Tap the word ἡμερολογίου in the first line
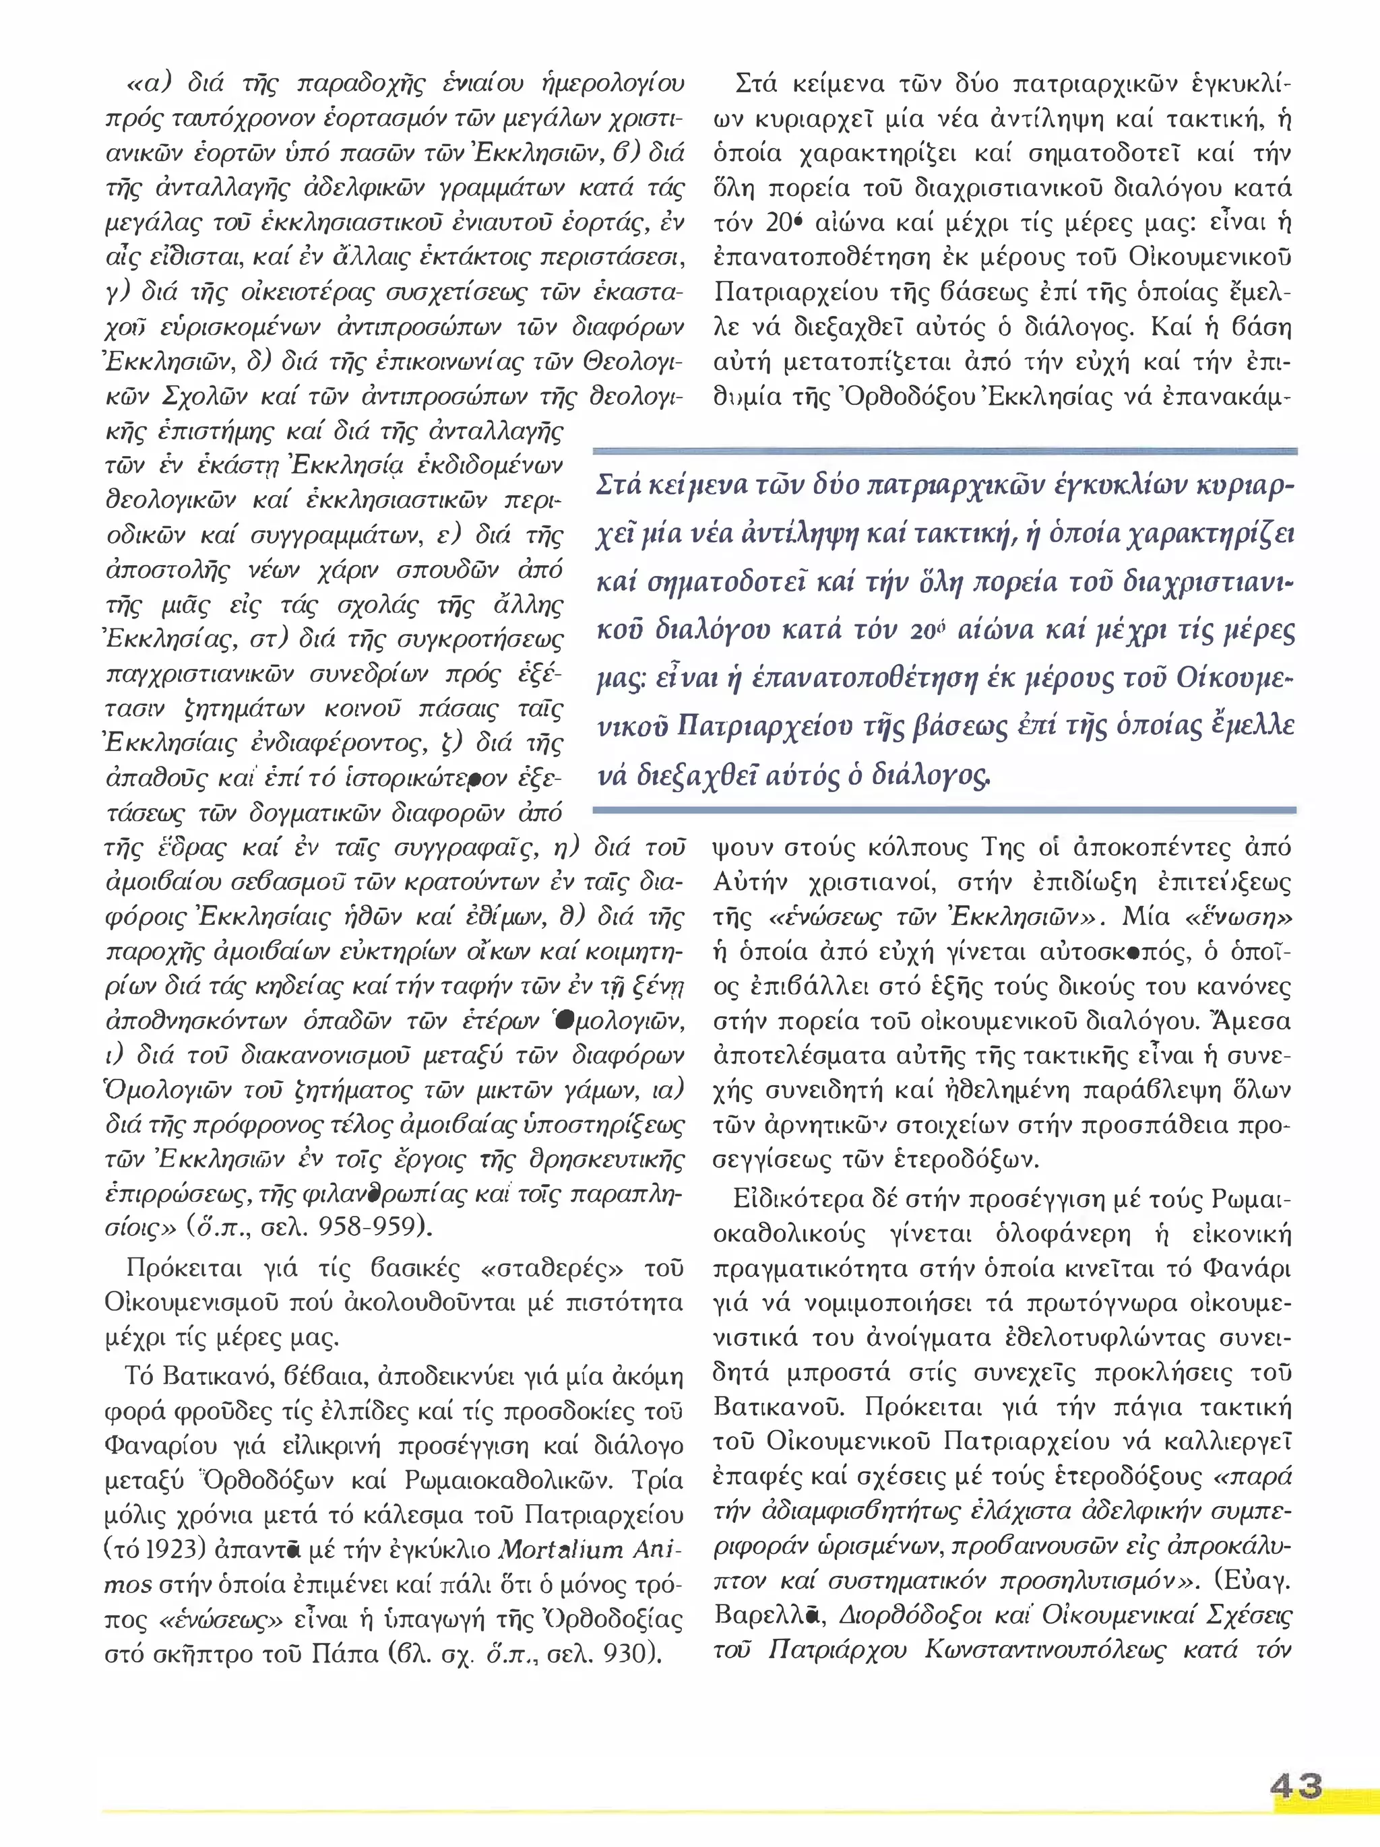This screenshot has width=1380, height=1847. (x=613, y=84)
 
